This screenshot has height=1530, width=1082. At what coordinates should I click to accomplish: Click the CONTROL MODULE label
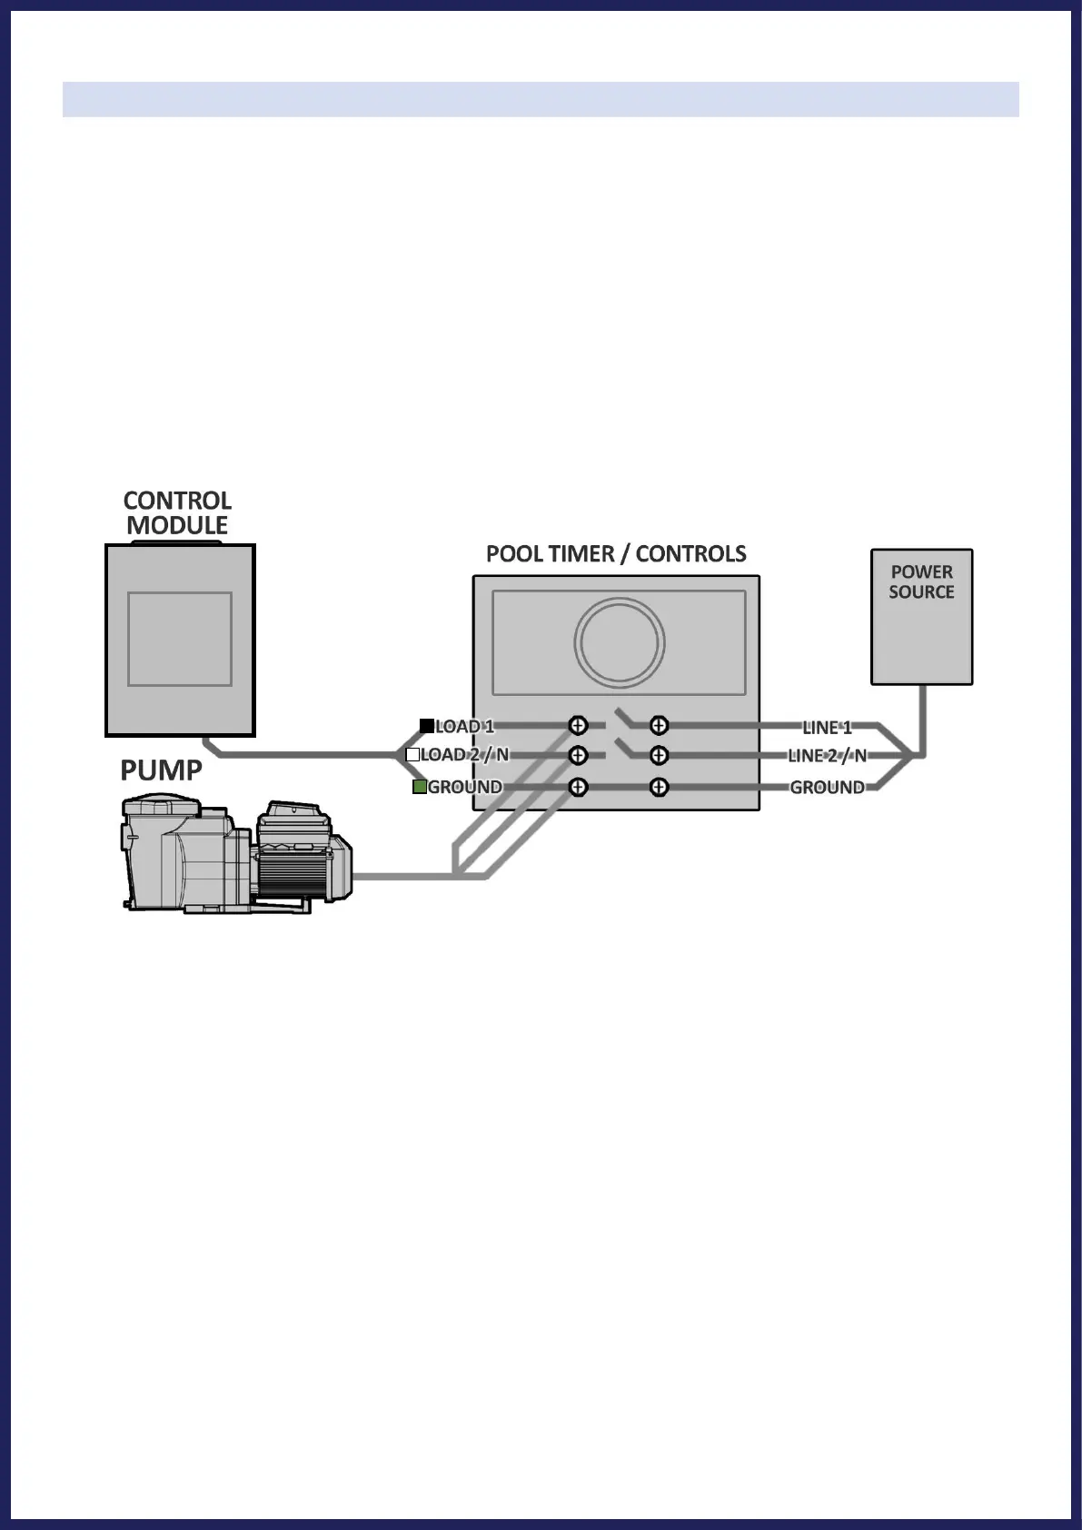coord(177,513)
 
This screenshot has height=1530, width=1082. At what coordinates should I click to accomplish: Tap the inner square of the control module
coord(180,639)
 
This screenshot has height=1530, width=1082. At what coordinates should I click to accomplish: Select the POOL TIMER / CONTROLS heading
coord(616,554)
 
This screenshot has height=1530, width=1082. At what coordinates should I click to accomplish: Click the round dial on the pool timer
coord(620,642)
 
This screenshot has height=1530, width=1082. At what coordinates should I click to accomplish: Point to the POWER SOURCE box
coord(921,616)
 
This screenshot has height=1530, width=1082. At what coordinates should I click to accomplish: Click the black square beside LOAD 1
coord(426,726)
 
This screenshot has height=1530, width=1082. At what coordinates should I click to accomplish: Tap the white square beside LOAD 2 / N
coord(412,755)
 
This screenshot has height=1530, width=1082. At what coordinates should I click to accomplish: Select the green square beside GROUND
coord(420,787)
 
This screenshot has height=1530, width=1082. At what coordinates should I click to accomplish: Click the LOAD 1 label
coord(464,727)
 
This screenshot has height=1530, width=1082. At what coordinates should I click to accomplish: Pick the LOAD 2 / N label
coord(464,755)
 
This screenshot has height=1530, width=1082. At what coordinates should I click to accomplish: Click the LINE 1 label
coord(827,727)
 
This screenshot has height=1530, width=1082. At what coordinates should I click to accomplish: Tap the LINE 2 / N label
coord(827,756)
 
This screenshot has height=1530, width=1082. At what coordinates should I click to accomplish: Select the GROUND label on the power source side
coord(827,788)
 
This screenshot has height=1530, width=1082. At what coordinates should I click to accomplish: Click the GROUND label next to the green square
coord(464,788)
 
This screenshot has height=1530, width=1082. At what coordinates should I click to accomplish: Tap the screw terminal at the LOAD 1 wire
coord(578,726)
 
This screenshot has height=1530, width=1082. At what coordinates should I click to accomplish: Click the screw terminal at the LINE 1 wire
coord(660,726)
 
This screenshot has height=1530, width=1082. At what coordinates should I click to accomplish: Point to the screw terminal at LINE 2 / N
coord(660,756)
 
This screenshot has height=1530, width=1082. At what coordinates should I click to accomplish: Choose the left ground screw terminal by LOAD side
coord(578,788)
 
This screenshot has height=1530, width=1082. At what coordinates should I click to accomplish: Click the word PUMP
coord(161,770)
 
